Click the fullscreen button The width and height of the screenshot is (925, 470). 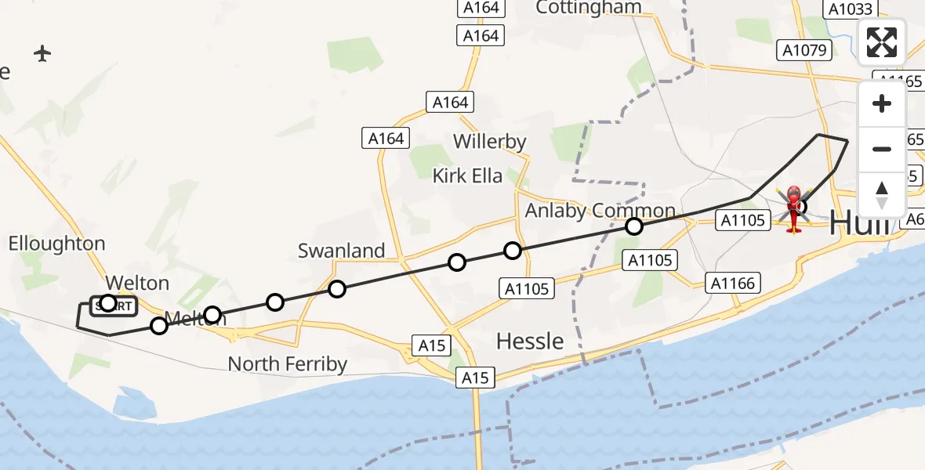[882, 42]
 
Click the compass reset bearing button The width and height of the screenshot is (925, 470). [882, 194]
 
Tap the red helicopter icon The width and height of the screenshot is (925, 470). [793, 208]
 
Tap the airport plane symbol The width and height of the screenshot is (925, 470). [42, 53]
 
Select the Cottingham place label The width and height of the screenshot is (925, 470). [588, 8]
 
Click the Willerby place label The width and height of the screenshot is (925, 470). [490, 142]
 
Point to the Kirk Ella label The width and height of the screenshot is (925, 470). [467, 175]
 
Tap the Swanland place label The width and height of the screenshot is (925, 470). [342, 251]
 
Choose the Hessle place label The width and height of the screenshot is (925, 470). [531, 341]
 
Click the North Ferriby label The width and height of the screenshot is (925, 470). [288, 364]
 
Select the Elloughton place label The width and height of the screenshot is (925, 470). [56, 244]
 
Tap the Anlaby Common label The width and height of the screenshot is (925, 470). [600, 211]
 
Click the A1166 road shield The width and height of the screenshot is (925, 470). [735, 284]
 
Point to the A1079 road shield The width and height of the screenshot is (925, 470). [802, 51]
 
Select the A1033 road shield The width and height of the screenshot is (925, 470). [848, 9]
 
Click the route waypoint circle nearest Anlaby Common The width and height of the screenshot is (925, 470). [634, 227]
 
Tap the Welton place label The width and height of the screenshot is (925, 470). [137, 282]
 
